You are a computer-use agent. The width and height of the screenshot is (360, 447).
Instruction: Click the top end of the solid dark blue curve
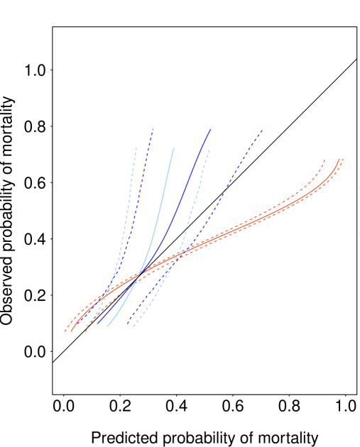[211, 129]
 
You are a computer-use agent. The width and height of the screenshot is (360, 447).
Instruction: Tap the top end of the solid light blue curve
[173, 148]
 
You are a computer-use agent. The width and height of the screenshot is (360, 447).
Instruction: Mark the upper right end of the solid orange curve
[339, 159]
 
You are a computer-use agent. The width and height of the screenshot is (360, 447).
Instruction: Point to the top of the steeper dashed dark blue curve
[153, 129]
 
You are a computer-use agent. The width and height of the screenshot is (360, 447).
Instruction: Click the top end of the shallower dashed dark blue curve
[262, 131]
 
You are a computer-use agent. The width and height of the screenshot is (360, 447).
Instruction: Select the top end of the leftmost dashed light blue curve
[136, 148]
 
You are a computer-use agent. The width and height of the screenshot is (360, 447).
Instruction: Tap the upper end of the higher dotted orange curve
[324, 160]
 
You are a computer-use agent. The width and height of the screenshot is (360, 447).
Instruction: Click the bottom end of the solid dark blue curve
[98, 325]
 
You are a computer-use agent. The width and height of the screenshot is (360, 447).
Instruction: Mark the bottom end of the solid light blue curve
[107, 326]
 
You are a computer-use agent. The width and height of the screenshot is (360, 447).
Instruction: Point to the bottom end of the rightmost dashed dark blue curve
[127, 325]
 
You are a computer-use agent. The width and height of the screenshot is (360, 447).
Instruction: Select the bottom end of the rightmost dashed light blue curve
[133, 326]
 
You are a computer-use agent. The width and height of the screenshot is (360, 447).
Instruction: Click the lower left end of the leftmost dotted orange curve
[65, 331]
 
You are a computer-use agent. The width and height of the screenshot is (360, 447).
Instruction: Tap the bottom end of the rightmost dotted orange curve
[85, 331]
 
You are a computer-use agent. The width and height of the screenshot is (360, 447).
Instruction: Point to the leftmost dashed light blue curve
[127, 213]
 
